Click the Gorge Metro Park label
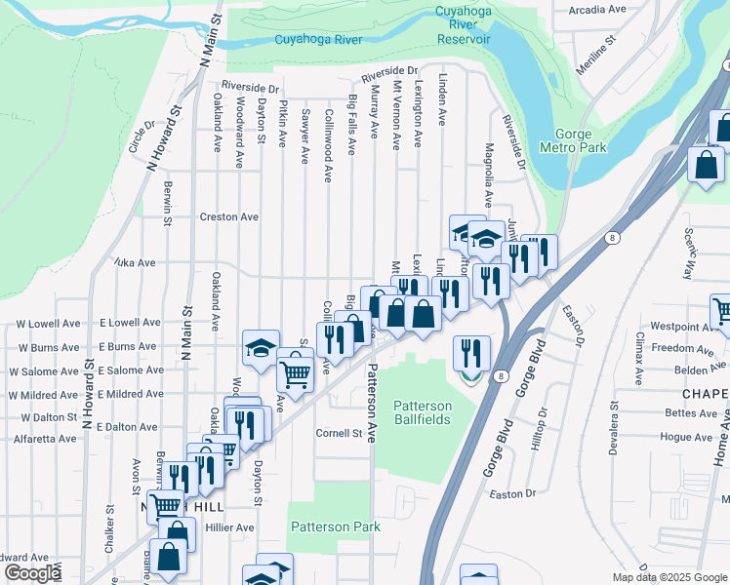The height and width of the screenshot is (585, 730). (580, 140)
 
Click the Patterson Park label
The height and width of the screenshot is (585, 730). (335, 526)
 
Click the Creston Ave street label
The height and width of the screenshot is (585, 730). (228, 216)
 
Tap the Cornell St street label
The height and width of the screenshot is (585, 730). (339, 433)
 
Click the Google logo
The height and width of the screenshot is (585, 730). (31, 573)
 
